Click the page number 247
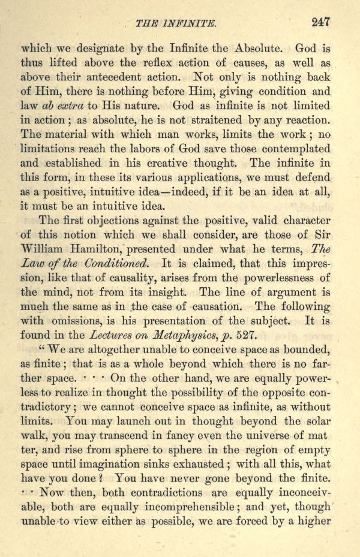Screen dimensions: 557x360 click(320, 23)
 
